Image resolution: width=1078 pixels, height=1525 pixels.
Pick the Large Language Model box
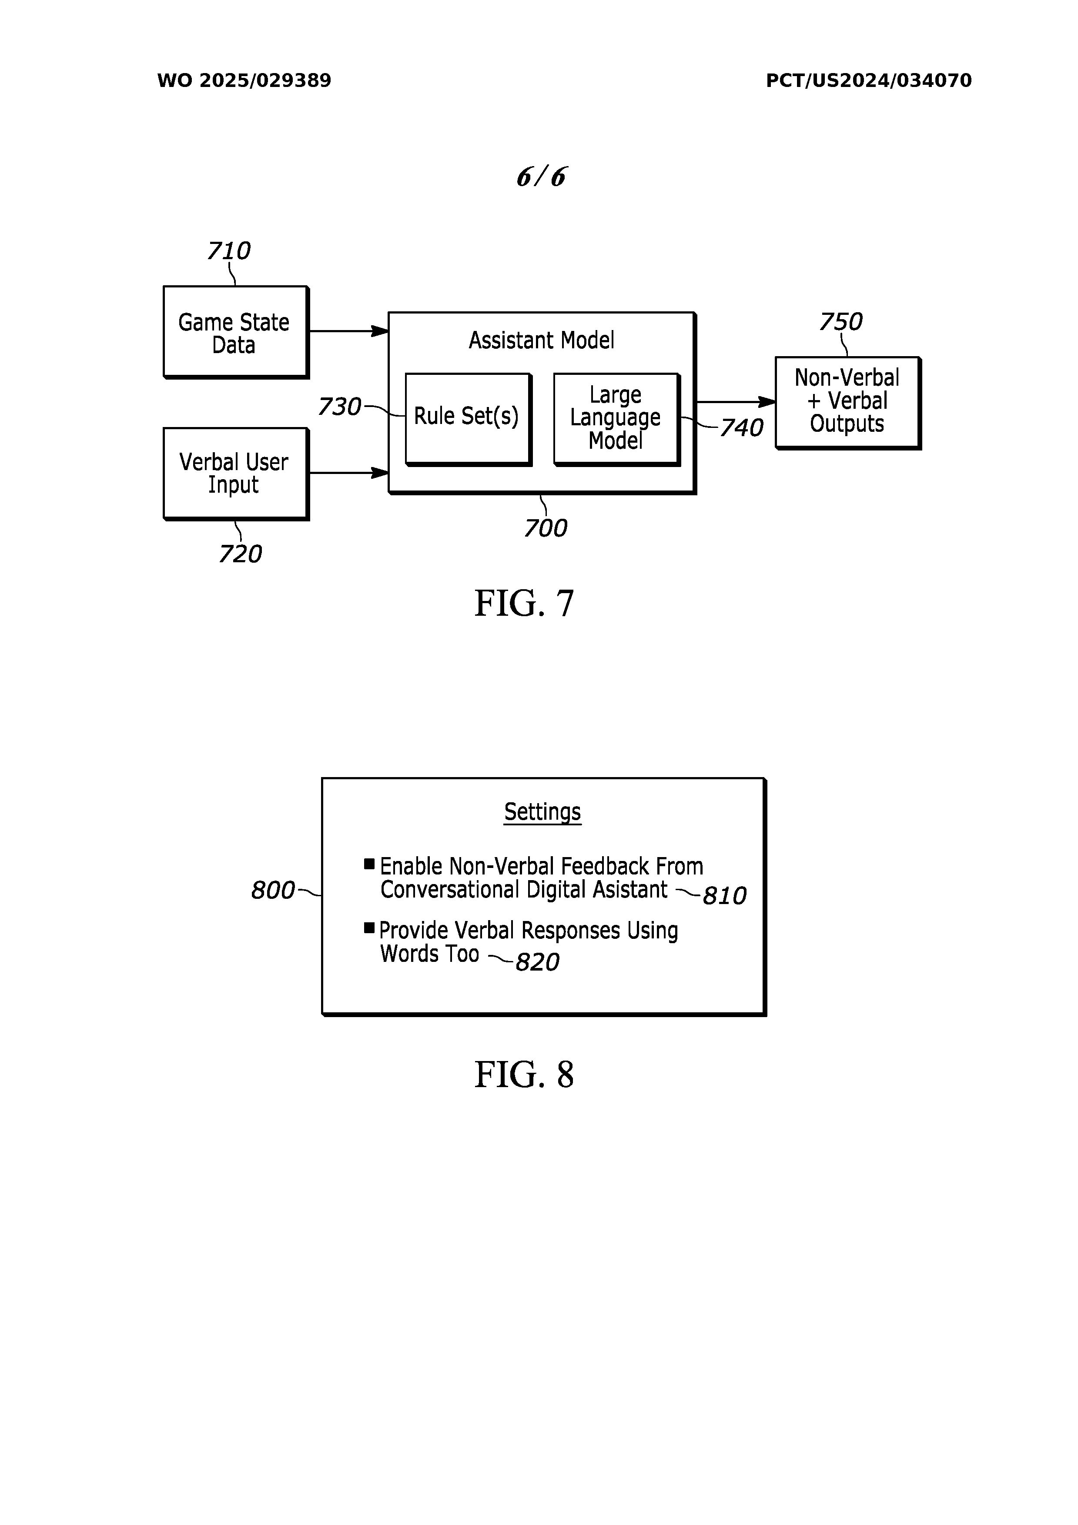click(616, 418)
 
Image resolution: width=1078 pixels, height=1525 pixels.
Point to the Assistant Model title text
click(542, 340)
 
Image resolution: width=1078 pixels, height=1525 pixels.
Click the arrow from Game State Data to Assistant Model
click(348, 331)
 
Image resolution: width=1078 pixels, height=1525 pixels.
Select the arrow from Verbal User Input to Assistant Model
click(348, 473)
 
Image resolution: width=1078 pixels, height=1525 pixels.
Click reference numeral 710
click(229, 251)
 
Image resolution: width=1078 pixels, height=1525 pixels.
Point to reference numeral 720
click(240, 554)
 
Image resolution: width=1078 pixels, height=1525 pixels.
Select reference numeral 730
click(339, 407)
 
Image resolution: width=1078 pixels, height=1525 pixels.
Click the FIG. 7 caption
click(524, 604)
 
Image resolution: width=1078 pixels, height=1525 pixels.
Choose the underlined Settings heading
click(542, 812)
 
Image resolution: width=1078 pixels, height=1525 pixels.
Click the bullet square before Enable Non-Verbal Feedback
click(369, 864)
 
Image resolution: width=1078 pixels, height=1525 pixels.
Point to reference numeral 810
click(724, 896)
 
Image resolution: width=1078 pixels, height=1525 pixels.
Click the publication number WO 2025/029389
click(244, 81)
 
